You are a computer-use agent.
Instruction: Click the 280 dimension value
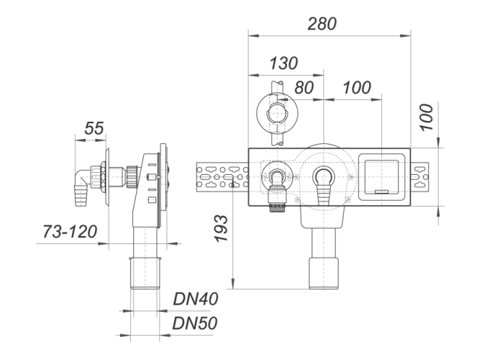(322, 24)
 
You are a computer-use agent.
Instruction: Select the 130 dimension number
(283, 63)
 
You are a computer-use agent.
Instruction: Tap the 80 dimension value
(304, 87)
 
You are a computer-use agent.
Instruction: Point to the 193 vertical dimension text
(222, 228)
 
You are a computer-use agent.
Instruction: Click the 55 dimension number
(94, 128)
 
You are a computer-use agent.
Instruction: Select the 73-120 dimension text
(70, 231)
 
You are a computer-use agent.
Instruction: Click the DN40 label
(196, 299)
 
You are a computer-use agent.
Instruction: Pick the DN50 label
(195, 323)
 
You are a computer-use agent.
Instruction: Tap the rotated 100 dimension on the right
(427, 117)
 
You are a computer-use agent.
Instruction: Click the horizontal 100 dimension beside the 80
(357, 87)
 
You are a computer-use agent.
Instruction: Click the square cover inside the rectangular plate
(381, 177)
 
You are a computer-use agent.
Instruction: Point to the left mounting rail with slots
(222, 176)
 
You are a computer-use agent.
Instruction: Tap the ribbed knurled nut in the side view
(132, 176)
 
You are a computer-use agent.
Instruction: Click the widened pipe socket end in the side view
(145, 273)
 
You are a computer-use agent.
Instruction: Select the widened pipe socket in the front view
(324, 274)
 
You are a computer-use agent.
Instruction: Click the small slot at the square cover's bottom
(381, 192)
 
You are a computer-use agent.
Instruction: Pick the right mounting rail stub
(419, 176)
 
